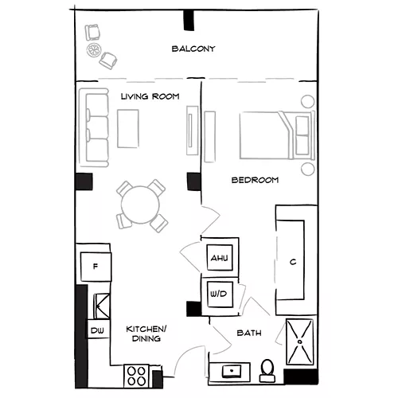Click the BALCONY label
pos(193,49)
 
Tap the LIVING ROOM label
pos(150,96)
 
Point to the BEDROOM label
pos(255,180)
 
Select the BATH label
pos(249,333)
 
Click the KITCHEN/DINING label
pos(146,334)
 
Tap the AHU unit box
pos(220,258)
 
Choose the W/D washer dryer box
pos(220,294)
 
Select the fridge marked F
pos(96,267)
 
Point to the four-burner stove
pos(137,376)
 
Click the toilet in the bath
pos(267,370)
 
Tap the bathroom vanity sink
pos(232,371)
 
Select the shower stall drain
pos(300,341)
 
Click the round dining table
pos(140,205)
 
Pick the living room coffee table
pos(128,129)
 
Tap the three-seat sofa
pos(94,128)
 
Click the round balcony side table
pos(94,49)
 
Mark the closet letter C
pos(293,262)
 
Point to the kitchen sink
pos(101,306)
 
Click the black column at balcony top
pos(189,20)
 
